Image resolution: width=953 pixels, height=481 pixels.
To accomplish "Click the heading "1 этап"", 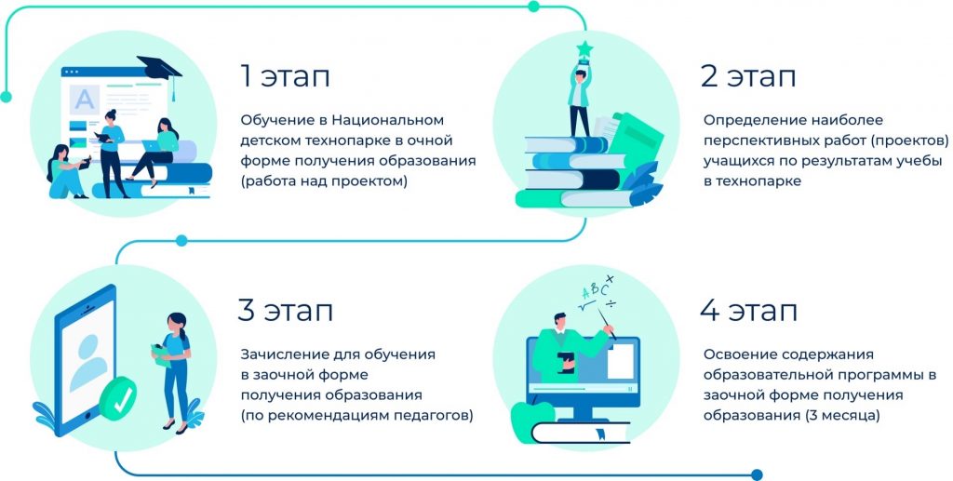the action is click(285, 77).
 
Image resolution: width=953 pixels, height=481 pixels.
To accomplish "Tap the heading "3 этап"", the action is click(285, 311).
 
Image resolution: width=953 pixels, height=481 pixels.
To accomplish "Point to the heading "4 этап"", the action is click(748, 311).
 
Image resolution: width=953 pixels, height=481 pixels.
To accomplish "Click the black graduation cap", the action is click(160, 72).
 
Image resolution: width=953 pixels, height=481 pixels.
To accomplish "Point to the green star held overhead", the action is click(584, 48).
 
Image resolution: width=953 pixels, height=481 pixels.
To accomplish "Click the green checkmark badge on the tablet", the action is click(118, 398).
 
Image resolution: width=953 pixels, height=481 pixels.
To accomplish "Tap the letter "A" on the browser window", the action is click(84, 100).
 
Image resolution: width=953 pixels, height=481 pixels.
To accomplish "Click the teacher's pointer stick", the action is click(607, 324).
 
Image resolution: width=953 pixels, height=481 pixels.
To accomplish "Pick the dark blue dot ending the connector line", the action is click(757, 474).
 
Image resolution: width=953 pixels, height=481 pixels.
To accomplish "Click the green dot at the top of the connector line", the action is click(533, 7).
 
